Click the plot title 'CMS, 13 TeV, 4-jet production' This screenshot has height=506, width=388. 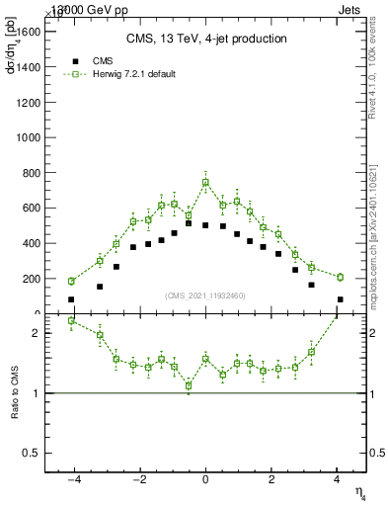coord(205,39)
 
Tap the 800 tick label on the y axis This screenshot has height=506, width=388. coord(31,173)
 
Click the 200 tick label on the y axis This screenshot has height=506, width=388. coord(31,279)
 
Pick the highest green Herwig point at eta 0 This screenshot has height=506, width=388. coord(205,182)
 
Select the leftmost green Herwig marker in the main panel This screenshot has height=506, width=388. coord(71,281)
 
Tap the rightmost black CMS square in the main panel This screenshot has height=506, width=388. coord(340,299)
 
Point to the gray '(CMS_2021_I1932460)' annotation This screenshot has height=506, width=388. coord(205,295)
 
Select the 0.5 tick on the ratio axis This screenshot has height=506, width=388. coord(34,453)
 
